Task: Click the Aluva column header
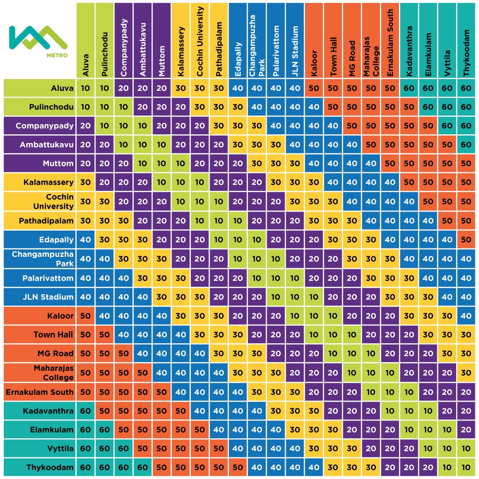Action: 86,40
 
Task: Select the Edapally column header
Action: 238,40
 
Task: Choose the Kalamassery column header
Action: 181,40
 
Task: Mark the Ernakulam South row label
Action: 39,392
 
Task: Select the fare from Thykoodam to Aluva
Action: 86,467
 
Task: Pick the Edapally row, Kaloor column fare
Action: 314,239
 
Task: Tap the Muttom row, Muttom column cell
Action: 162,164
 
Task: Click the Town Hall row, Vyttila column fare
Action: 447,335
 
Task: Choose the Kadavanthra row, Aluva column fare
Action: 86,411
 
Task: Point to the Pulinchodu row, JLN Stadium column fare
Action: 295,107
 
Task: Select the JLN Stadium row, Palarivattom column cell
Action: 276,297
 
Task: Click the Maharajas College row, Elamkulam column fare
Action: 428,373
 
